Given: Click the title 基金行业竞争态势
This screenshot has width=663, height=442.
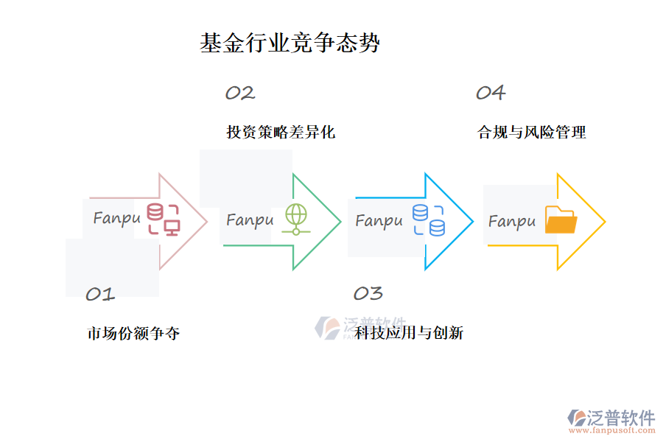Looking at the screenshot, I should coord(290,43).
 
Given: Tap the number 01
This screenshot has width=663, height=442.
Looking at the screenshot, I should coord(100,295).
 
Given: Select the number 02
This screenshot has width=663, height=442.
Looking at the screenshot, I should coord(239,93).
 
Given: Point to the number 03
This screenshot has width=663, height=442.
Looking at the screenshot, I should coord(368,293).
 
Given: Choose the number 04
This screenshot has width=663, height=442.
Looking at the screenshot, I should coord(490,93).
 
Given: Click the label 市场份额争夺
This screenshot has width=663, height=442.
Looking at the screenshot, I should coord(133,334).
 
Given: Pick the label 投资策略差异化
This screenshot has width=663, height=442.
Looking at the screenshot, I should coord(281,133).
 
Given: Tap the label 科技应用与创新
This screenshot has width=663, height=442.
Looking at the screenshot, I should coord(409,334).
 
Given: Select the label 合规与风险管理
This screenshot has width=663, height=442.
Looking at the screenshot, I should coord(532,133).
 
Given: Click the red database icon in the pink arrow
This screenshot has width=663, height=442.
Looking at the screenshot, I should coord(163,220).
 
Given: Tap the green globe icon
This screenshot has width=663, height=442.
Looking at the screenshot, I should coord(296,220).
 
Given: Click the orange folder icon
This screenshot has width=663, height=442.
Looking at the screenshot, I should coord(561,220).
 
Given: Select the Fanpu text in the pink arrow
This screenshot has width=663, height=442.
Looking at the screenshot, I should coord(116,219).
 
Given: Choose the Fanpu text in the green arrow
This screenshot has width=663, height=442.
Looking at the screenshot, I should coord(250,220).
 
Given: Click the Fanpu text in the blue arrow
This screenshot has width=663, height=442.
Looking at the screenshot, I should coord(379,221).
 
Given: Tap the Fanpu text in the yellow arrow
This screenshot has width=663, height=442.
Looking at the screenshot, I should coord(511,222).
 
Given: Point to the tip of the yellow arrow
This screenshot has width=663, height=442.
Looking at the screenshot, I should coord(604,221).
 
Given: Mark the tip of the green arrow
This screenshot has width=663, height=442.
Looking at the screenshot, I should coord(340,221).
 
